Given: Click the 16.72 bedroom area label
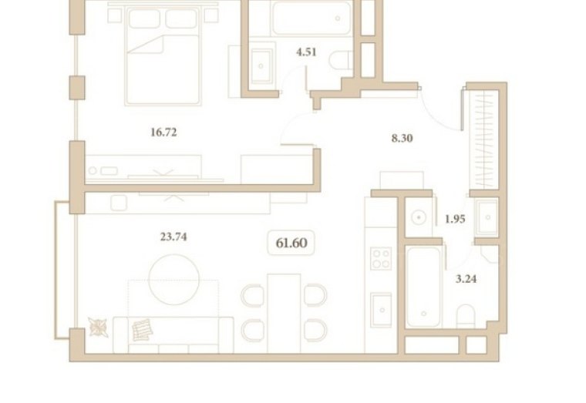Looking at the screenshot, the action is point(163,133).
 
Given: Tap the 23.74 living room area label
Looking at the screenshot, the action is point(173,237).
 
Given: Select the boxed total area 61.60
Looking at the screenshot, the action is point(291,243).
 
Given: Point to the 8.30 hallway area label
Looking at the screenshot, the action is point(402,138).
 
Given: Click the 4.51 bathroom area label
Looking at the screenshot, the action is point(306,52).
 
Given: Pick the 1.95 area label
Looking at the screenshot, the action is point(455,219).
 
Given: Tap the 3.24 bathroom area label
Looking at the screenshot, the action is point(466,279).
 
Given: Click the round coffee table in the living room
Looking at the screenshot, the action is point(173,280).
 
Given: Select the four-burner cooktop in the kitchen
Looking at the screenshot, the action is point(381,258).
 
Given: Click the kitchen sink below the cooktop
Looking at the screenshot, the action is point(381,310).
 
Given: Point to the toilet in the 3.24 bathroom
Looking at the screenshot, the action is point(466,317).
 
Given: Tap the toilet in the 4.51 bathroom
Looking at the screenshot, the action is point(341,60).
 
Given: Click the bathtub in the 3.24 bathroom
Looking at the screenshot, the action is point(423,287).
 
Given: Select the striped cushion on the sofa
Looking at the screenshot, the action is point(143,330).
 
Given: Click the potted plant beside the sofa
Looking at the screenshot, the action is point(98,327).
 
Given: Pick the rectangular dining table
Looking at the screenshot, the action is point(284,314).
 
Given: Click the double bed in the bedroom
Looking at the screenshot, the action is point(163,56).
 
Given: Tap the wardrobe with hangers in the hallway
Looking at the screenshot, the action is point(484,139).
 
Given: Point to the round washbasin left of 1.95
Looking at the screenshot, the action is point(419,217).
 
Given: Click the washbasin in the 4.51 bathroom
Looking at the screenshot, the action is point(261,65).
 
